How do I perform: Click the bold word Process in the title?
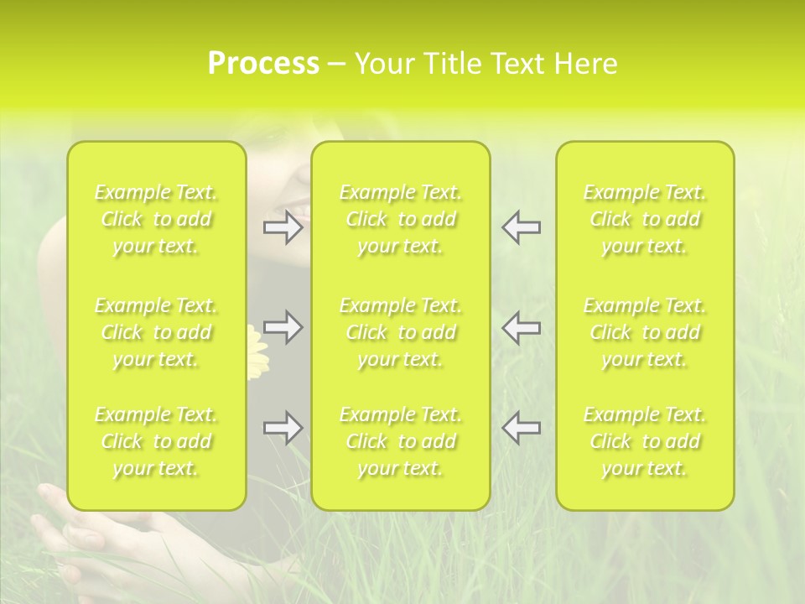click(263, 64)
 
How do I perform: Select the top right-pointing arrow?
click(283, 227)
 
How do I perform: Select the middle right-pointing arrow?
click(283, 327)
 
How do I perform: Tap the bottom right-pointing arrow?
click(283, 428)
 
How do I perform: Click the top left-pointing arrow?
click(521, 227)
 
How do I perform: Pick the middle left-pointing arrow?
click(521, 327)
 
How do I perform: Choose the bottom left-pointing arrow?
click(521, 428)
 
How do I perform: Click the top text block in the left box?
click(156, 219)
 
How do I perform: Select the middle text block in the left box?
click(156, 332)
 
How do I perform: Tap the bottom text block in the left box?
click(156, 441)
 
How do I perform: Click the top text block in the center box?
click(400, 219)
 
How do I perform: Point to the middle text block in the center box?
click(400, 332)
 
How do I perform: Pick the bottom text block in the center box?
click(400, 441)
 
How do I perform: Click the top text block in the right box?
click(645, 219)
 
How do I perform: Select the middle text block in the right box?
click(645, 332)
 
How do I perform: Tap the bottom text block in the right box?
click(645, 441)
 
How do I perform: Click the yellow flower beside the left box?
click(257, 352)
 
